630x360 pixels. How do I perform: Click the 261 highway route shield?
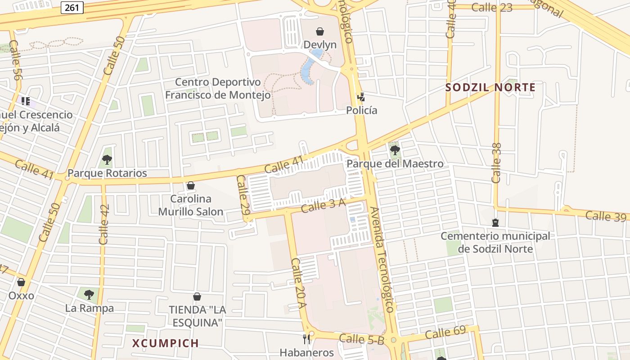click(x=72, y=7)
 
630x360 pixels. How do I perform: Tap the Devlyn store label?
click(x=320, y=45)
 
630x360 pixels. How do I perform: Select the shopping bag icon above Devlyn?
click(x=320, y=31)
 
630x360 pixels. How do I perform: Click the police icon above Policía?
click(x=361, y=97)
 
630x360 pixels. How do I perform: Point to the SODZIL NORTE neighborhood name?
click(x=490, y=87)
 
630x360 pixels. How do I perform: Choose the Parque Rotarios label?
click(x=107, y=173)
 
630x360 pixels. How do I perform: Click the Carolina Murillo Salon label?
click(x=191, y=205)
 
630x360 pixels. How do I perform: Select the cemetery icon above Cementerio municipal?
click(x=495, y=223)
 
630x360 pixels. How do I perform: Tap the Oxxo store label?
click(x=21, y=296)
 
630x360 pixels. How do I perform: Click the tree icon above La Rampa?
click(x=89, y=295)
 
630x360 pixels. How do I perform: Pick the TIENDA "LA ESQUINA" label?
click(x=197, y=316)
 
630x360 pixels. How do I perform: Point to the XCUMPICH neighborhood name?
click(x=166, y=343)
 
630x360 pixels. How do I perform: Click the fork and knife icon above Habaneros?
click(x=307, y=339)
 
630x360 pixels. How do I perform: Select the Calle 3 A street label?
click(x=323, y=205)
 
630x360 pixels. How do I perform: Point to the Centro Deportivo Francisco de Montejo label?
click(x=218, y=89)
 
